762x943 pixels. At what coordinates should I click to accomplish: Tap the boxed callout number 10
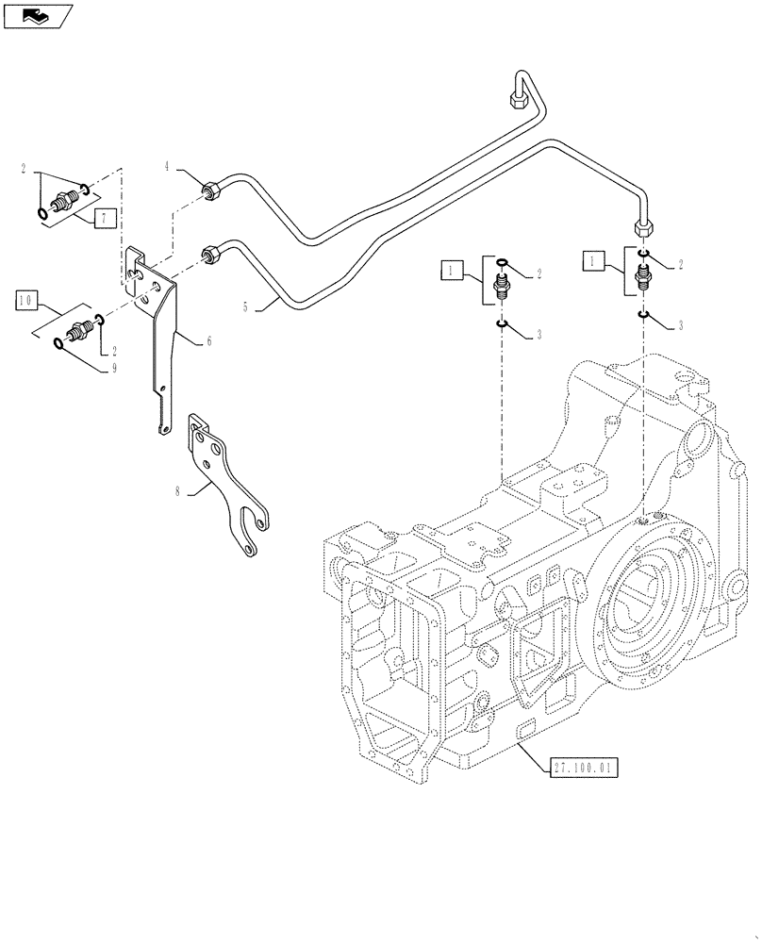point(25,301)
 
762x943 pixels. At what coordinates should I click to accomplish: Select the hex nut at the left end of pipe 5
point(210,255)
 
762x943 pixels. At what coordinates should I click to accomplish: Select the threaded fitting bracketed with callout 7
point(66,201)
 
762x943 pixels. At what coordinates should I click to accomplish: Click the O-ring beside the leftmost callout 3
point(503,325)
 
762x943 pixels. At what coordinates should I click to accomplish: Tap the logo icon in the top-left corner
point(37,15)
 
